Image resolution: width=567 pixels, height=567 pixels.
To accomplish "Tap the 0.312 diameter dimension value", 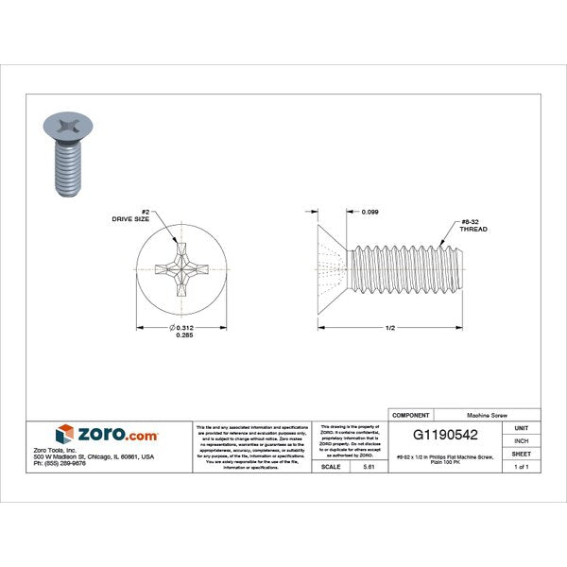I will tap(183, 327).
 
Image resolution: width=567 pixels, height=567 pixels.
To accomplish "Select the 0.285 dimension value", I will tap(183, 336).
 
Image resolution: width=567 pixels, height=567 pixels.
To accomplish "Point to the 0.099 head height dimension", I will tap(371, 213).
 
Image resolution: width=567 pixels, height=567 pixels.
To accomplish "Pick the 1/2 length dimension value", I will tap(389, 327).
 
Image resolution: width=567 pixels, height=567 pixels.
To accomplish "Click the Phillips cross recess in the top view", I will tap(180, 267).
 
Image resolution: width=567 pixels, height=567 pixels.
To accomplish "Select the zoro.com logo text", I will tap(119, 436).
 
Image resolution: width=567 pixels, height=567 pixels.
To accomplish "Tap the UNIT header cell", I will tap(522, 428).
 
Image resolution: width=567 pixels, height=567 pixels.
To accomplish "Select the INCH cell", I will tap(522, 440).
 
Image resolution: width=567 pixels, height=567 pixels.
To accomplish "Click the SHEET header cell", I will tap(522, 454).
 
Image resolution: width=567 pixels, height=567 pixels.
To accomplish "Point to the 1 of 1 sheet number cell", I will tap(522, 467).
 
